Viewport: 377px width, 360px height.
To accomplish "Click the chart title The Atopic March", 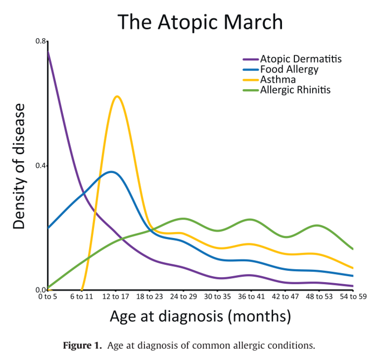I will (200, 22).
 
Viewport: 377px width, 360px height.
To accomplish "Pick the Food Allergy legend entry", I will (289, 69).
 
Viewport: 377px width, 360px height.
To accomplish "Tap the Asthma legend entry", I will (278, 80).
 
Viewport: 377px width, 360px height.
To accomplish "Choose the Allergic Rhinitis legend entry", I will (295, 90).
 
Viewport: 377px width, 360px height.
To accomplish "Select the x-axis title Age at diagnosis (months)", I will (200, 316).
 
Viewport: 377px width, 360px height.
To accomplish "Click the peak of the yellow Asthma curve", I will (117, 96).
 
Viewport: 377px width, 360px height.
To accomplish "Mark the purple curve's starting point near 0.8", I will (48, 51).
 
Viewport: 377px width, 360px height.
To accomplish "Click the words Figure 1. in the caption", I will (83, 344).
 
